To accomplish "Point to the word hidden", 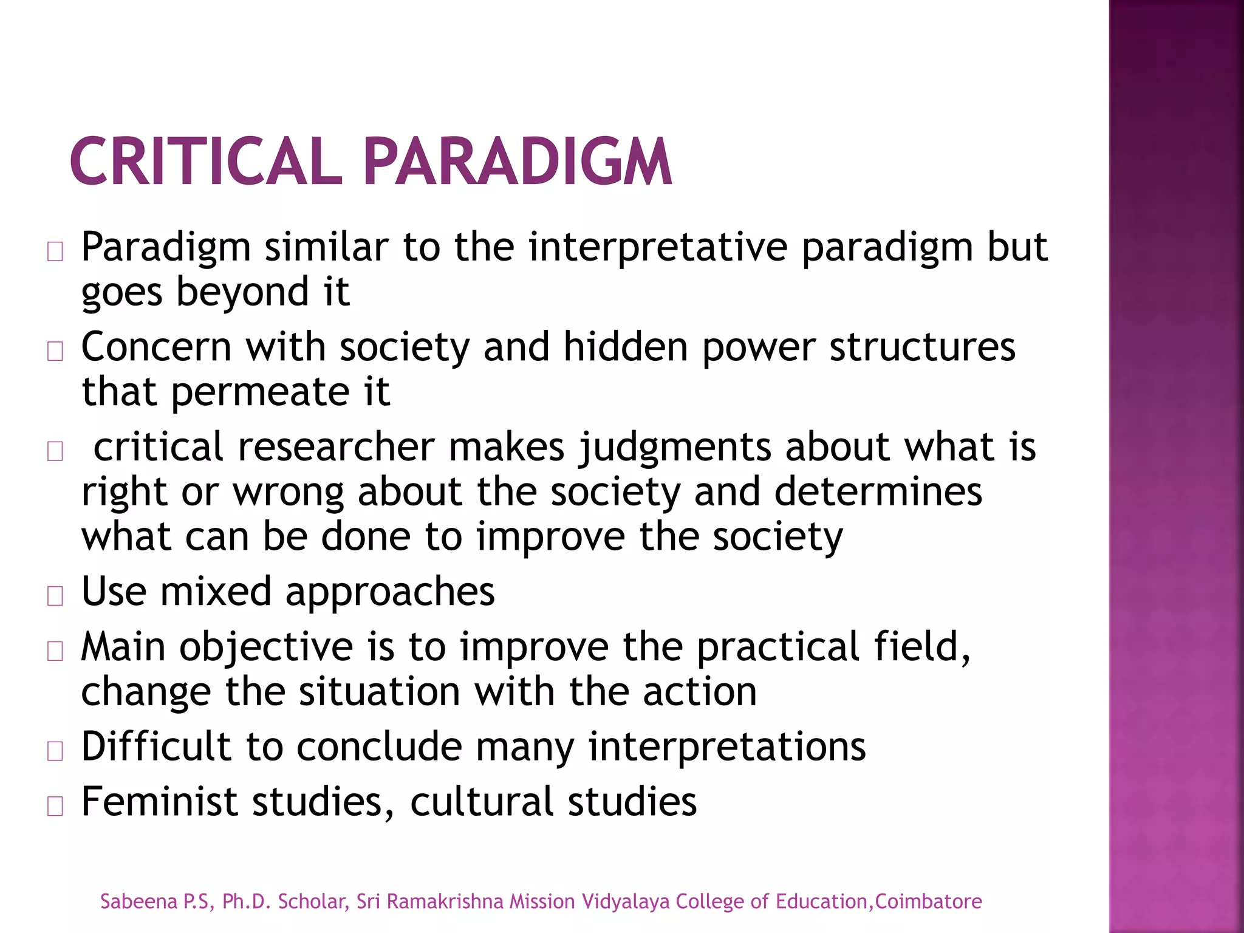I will click(x=626, y=347).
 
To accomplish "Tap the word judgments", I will click(x=674, y=448).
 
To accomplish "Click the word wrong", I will click(x=289, y=492).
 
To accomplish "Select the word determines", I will click(x=878, y=492).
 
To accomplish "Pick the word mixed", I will click(x=216, y=592).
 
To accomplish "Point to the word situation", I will click(x=380, y=692).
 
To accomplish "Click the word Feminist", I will click(x=159, y=802).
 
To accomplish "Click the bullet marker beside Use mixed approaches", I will click(x=55, y=596).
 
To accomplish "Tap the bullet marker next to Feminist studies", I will click(x=55, y=806).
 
